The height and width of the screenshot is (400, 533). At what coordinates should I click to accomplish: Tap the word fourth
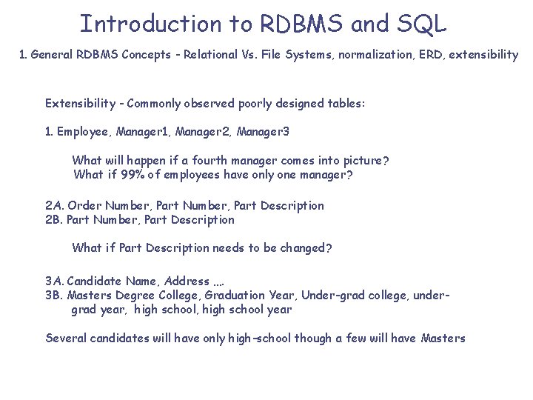tap(216, 161)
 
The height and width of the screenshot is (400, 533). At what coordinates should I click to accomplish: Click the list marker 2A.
tap(54, 205)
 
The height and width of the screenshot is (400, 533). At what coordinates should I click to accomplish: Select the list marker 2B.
tap(54, 219)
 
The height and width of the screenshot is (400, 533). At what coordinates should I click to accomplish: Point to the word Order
tap(84, 205)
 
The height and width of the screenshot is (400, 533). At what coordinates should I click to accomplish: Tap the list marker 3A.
tap(54, 281)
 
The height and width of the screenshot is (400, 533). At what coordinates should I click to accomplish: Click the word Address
tap(187, 281)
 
